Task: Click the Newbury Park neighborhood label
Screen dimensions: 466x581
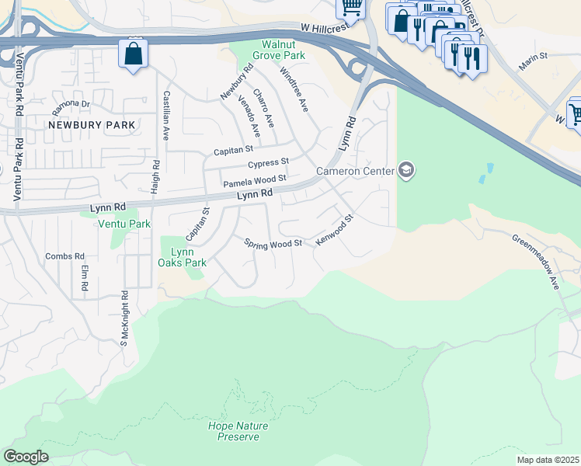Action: [92, 124]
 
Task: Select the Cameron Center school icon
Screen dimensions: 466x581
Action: [405, 170]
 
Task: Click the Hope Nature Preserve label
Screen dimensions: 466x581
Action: [238, 431]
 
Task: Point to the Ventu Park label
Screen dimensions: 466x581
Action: [124, 224]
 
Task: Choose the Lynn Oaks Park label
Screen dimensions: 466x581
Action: [183, 257]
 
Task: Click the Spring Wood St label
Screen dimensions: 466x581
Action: [273, 245]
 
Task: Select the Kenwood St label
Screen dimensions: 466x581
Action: [335, 231]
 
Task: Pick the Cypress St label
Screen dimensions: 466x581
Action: [269, 164]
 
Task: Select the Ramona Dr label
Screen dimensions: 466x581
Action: [71, 103]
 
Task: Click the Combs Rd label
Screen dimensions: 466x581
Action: [64, 256]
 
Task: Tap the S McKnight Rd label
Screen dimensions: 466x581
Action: [124, 318]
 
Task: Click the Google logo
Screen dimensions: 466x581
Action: [26, 456]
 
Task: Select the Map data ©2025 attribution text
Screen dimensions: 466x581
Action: [548, 460]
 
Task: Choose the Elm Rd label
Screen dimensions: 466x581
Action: [85, 280]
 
